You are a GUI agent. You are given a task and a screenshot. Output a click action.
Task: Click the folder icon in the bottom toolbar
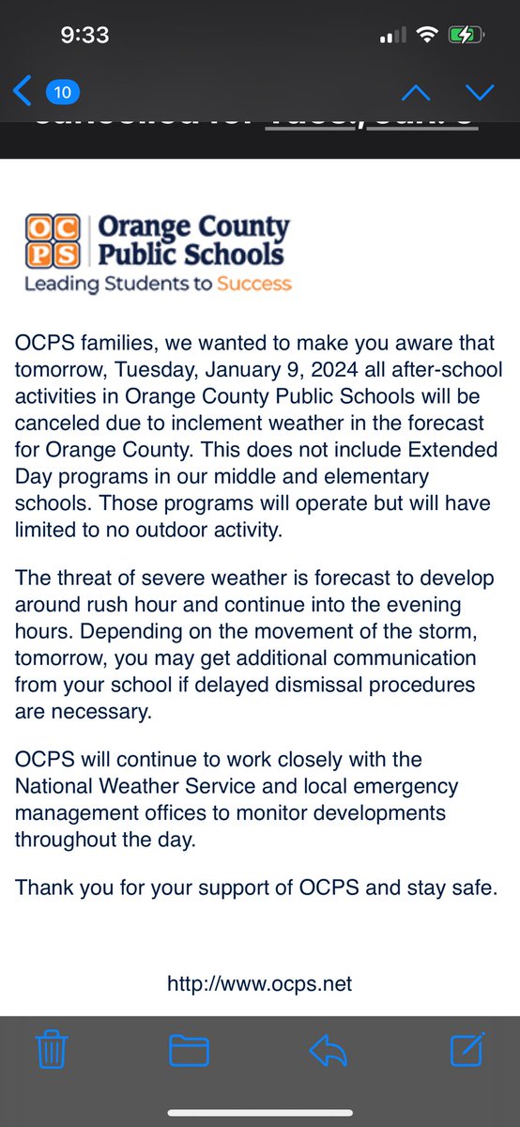tap(190, 1049)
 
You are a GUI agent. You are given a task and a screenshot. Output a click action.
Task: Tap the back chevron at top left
tap(23, 91)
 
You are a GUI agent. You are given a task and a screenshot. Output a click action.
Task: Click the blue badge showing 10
tap(62, 92)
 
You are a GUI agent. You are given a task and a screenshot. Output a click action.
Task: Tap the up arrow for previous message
tap(415, 92)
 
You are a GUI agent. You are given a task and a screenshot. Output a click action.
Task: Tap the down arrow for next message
tap(479, 92)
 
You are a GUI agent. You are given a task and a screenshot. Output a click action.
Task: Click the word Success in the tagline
tap(254, 284)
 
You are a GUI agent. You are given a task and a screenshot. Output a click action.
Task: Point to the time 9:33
tap(84, 36)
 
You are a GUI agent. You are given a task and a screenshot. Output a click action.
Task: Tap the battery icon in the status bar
tap(466, 36)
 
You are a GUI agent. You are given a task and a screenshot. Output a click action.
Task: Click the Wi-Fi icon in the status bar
tap(428, 36)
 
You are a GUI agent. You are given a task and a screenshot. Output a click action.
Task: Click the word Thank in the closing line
tap(42, 887)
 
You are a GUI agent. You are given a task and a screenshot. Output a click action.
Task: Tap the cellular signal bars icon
tap(392, 36)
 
